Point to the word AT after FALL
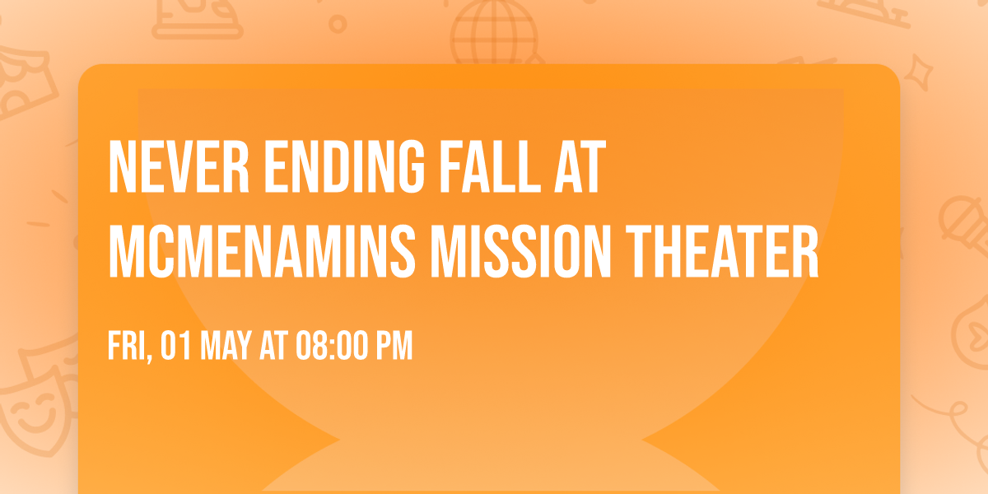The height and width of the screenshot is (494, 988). pos(578,168)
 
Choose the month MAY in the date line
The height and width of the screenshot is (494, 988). pos(221,347)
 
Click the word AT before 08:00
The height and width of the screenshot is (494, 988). pos(271,347)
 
